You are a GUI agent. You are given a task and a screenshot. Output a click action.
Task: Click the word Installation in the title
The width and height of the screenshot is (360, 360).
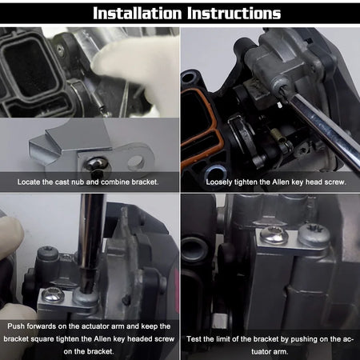[137, 13]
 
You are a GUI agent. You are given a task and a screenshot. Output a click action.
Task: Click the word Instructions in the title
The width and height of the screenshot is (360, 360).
[234, 13]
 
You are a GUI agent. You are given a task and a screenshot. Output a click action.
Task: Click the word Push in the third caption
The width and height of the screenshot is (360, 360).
[14, 326]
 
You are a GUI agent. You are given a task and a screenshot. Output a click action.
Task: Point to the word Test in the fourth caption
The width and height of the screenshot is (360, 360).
[194, 339]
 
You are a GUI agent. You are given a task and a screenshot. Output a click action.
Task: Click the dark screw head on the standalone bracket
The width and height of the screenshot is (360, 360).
[97, 167]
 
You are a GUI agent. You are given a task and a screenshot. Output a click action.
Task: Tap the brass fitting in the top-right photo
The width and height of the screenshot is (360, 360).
[277, 135]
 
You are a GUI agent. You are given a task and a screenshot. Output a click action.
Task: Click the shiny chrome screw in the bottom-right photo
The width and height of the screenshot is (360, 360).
[274, 235]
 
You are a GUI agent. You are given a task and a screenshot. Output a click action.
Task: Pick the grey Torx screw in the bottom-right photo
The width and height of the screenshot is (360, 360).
[314, 234]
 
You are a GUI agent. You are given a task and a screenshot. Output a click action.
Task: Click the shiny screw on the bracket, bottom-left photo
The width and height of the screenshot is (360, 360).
[54, 294]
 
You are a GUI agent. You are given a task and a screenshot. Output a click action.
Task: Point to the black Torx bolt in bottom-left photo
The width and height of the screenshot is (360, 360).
[48, 254]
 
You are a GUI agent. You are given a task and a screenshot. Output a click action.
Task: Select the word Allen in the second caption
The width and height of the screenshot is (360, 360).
[281, 182]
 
